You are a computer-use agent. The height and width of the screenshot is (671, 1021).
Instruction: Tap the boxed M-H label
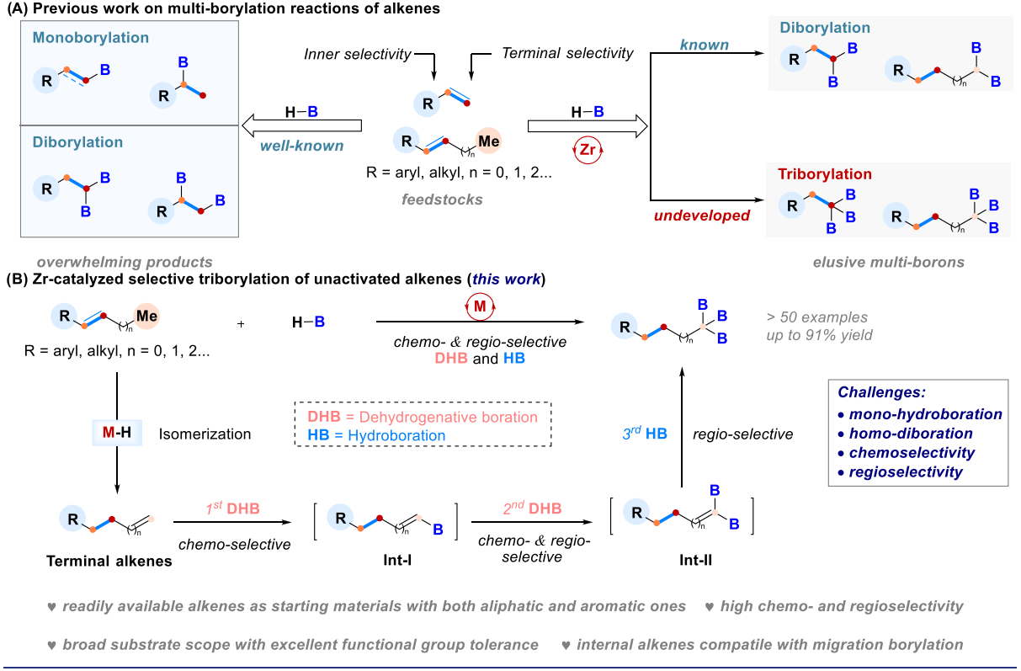pyautogui.click(x=117, y=434)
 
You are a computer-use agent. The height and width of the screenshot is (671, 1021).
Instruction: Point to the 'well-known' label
pyautogui.click(x=301, y=146)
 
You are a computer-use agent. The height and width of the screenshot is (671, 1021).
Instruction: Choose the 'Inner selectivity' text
pyautogui.click(x=358, y=55)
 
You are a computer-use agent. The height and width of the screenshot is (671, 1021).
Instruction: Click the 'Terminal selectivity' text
pyautogui.click(x=567, y=54)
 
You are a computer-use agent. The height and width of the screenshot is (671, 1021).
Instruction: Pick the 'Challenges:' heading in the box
pyautogui.click(x=882, y=393)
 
